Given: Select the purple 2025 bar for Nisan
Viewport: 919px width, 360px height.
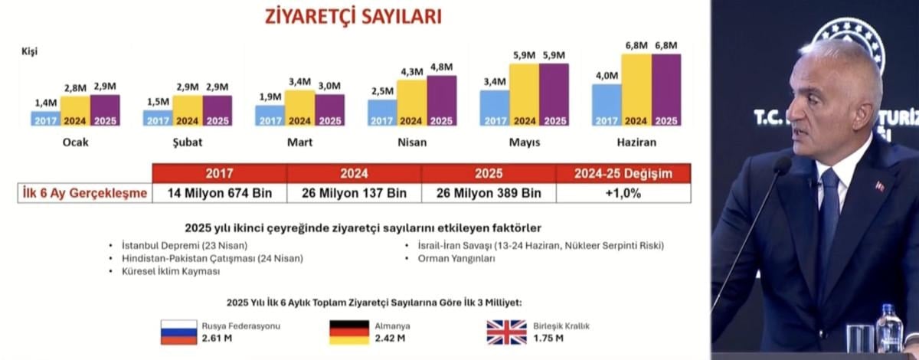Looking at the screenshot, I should [x=442, y=100].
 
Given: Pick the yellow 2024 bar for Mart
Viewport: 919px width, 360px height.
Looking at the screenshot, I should [x=299, y=107].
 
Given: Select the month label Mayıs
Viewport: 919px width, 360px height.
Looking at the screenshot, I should [x=525, y=142].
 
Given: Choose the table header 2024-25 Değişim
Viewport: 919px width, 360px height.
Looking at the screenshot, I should [x=623, y=174].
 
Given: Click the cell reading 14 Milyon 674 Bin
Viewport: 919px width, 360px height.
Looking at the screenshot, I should [x=220, y=193].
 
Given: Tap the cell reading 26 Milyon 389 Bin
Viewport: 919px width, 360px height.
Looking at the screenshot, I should [x=489, y=193].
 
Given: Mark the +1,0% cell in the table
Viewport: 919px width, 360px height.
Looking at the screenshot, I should [x=623, y=193].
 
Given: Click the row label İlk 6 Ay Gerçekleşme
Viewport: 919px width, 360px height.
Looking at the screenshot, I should [x=83, y=193].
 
